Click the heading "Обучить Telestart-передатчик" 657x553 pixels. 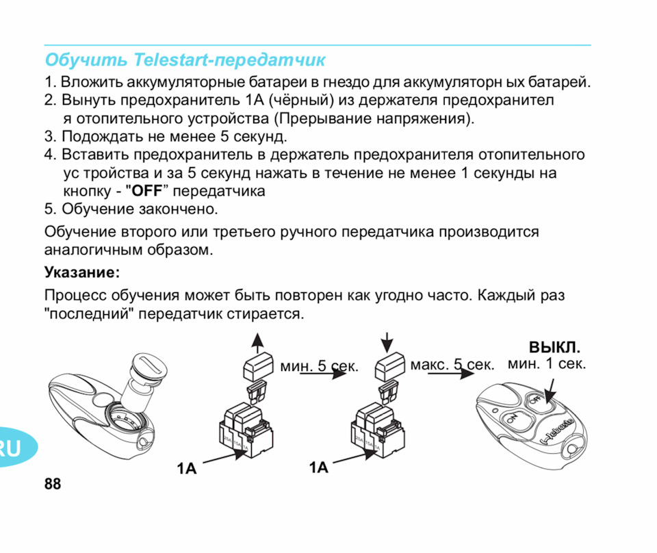tap(185, 60)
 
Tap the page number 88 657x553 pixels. tap(52, 485)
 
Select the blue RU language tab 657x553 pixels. tap(12, 448)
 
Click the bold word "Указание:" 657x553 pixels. tap(82, 273)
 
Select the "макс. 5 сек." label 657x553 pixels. tap(452, 365)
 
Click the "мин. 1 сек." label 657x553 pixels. tap(546, 363)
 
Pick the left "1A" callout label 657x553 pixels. tap(186, 469)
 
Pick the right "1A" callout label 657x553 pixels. tap(318, 467)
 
